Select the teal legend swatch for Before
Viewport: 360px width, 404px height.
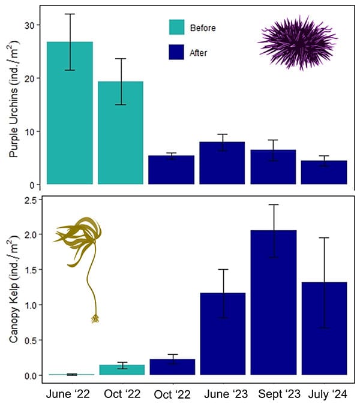(177, 28)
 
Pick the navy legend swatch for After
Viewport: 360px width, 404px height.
(177, 52)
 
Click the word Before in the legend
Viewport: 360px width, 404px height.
(202, 28)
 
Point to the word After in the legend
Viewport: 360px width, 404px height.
(199, 53)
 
